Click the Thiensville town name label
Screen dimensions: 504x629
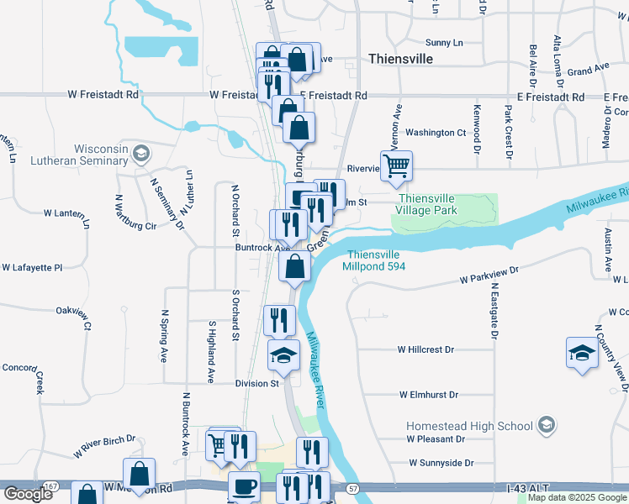tap(401, 59)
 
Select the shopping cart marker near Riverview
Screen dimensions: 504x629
tap(396, 165)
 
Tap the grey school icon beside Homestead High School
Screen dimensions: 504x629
tap(547, 425)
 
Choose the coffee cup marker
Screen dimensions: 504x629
tap(244, 487)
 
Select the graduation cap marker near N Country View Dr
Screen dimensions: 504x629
tap(581, 353)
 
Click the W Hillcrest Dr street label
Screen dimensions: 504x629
tap(425, 349)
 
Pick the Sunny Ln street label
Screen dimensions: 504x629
tap(445, 42)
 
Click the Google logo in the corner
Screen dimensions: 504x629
tap(28, 494)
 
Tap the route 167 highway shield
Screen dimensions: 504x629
tap(50, 486)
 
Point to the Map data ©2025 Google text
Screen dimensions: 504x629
tap(577, 498)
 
